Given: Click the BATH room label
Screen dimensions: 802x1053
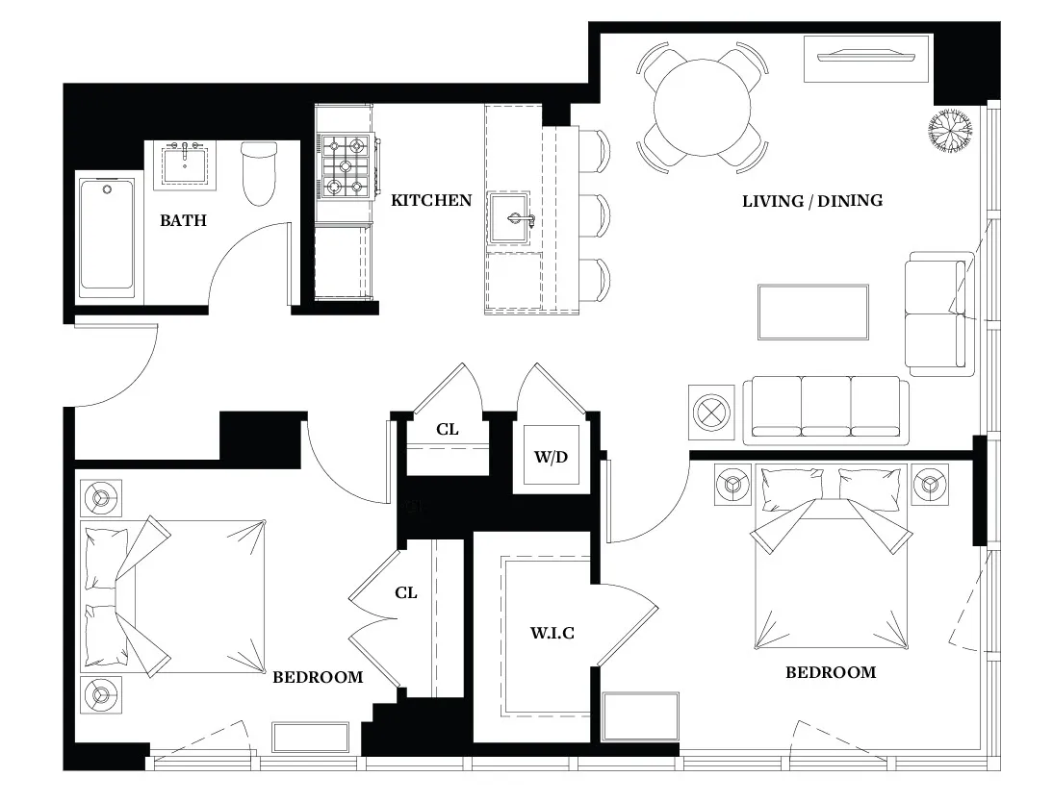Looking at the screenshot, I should (x=183, y=220).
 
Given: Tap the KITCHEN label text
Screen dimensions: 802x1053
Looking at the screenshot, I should (x=431, y=200).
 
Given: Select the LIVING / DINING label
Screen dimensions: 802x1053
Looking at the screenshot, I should (x=812, y=201).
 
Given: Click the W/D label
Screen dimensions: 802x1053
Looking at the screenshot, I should (x=551, y=454).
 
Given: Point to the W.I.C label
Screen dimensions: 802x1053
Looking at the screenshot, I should (x=552, y=633).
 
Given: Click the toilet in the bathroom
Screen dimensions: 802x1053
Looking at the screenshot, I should (x=259, y=173).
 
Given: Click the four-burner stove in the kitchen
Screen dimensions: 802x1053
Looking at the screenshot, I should (x=346, y=164).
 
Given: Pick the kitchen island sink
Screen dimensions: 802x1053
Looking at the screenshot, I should (x=511, y=219).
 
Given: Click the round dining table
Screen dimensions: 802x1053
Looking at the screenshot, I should (x=703, y=104).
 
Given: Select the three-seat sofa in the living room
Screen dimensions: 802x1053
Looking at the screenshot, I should (x=826, y=410).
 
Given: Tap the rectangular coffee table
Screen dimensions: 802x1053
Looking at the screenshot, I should (x=812, y=312).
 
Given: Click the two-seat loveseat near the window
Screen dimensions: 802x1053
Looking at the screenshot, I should (x=935, y=313).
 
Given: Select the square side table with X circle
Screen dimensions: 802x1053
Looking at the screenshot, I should (x=712, y=411).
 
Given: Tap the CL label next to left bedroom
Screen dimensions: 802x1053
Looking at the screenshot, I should (x=406, y=592).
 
